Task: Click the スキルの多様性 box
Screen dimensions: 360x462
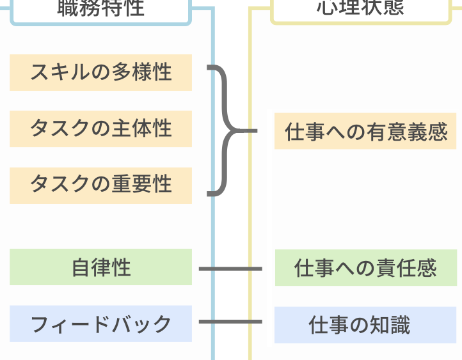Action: (100, 72)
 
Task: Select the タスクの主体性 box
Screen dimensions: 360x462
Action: (100, 129)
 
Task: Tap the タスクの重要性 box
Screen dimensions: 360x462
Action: (100, 185)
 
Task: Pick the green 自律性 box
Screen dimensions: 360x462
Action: (100, 267)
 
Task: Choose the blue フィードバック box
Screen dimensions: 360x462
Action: (100, 324)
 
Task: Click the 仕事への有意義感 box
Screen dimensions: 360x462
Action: (365, 132)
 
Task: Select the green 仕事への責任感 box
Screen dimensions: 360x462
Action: (365, 268)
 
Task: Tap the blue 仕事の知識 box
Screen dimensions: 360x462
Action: (365, 325)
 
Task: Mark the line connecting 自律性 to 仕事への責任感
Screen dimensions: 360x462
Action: (230, 269)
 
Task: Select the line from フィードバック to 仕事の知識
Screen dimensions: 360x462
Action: (230, 321)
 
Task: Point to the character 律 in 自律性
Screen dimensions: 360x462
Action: (100, 267)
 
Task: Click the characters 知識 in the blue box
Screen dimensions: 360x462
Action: (389, 325)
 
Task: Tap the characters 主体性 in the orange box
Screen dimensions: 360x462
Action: (142, 129)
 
